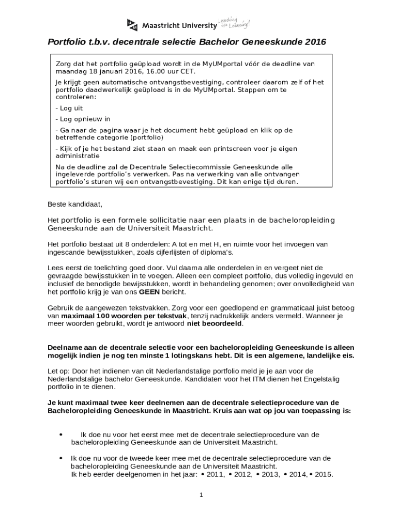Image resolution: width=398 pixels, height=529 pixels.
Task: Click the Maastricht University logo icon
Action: (x=132, y=25)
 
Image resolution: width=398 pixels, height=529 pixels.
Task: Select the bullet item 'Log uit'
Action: (x=69, y=108)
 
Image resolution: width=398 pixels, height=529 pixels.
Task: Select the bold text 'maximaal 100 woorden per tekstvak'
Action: (x=124, y=315)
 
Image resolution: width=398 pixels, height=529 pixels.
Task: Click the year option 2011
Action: (x=215, y=474)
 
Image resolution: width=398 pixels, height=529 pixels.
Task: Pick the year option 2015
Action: (x=323, y=474)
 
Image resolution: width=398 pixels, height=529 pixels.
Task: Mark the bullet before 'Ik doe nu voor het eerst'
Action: (x=62, y=434)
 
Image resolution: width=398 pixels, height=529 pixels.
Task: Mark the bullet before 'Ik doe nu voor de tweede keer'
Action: (x=60, y=458)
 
